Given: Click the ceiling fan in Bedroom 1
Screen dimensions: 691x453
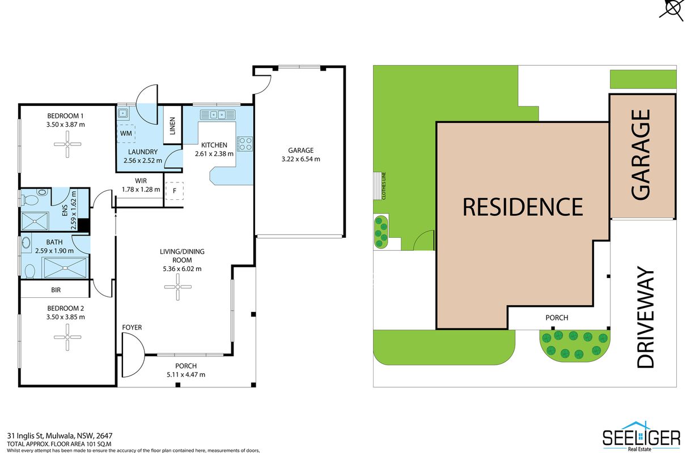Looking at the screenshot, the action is pos(67,144).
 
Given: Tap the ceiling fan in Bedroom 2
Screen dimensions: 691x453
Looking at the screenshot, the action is pos(67,337).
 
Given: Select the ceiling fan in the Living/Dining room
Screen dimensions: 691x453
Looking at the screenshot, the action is pos(177,287).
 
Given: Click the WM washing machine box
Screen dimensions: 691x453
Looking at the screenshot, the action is pos(126,134).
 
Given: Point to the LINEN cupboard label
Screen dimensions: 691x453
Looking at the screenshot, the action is pos(172,126).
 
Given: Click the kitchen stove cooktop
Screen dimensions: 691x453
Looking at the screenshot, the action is pos(245,144).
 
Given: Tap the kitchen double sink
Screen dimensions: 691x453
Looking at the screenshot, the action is pos(218,114).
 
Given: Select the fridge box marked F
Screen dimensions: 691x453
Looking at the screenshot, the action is pos(174,191).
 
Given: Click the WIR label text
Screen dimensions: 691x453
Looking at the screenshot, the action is pos(141,181).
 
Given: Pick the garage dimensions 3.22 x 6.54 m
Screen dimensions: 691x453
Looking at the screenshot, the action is pos(301,159).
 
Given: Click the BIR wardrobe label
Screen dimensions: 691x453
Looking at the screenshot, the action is pos(56,290).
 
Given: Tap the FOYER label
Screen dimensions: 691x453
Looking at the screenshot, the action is pos(132,327).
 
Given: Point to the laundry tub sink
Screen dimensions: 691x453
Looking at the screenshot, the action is pos(123,114).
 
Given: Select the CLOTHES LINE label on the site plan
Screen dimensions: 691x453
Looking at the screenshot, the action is pos(384,186).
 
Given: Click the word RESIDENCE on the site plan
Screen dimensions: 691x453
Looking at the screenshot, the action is pos(523,207).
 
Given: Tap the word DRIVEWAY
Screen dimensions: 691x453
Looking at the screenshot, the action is pos(645,317).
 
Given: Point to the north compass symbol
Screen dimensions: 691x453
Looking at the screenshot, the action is pos(673,8).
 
